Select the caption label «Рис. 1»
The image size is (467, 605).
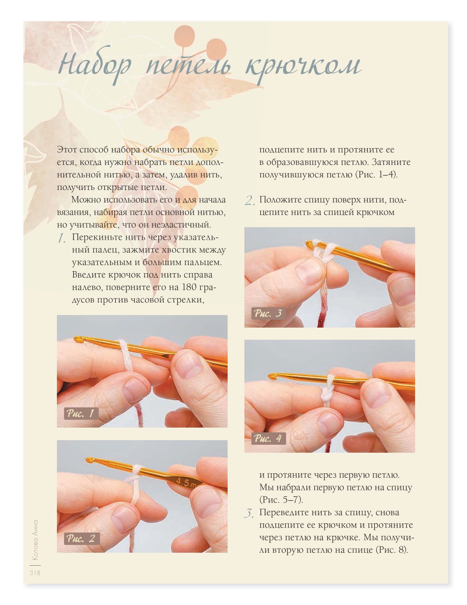[81, 413]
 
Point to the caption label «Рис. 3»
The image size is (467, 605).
[268, 313]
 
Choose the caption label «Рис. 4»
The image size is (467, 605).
[268, 438]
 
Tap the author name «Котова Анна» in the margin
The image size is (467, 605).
[36, 541]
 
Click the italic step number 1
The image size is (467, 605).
[62, 238]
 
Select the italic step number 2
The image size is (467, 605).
[249, 201]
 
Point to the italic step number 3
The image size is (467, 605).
[249, 513]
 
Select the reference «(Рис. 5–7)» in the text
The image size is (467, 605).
[281, 500]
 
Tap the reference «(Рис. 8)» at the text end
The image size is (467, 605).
[392, 550]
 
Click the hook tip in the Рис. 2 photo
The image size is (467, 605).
[89, 460]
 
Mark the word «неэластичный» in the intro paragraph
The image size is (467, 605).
[181, 224]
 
